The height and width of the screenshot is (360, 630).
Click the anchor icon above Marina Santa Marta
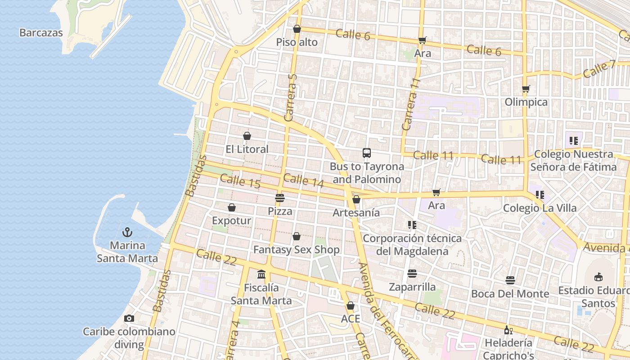point(127,232)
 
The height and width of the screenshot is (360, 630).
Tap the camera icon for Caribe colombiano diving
point(129,319)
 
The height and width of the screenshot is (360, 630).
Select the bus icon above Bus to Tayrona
point(367,153)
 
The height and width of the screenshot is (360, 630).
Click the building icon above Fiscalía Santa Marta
point(261,274)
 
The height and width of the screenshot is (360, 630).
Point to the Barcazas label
point(41,33)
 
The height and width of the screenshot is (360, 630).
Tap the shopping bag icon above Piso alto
point(297,29)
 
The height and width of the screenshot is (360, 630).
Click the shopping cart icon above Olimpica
point(526,89)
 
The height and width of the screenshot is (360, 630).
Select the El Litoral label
point(247,149)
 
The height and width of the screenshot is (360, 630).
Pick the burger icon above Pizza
point(280,198)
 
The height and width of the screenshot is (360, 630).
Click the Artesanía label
point(356,213)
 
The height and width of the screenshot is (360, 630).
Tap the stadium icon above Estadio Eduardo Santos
point(598,277)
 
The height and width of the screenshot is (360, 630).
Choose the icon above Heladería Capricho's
point(508,330)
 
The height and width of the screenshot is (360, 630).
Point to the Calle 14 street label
point(304,180)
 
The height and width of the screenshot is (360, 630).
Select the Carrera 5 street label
point(291,98)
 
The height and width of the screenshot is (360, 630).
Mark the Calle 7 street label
point(598,69)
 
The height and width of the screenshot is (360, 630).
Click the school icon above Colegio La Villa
point(540,195)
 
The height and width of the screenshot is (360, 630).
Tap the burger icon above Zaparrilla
point(412,274)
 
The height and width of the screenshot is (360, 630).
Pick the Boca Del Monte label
point(510,294)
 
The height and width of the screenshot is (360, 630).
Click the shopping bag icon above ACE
point(350,306)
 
